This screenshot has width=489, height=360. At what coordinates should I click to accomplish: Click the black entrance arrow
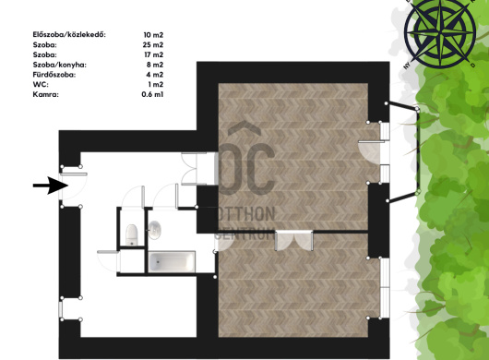pyautogui.click(x=51, y=186)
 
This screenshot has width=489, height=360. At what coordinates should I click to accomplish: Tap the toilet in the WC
pyautogui.click(x=132, y=234)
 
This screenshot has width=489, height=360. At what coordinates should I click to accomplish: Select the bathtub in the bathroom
pyautogui.click(x=172, y=262)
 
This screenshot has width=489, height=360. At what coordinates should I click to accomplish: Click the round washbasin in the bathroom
pyautogui.click(x=154, y=230)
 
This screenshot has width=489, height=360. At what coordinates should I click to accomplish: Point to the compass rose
pyautogui.click(x=440, y=32)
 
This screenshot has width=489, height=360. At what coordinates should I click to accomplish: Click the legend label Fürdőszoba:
pyautogui.click(x=54, y=75)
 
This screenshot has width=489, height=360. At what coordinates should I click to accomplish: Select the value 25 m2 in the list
pyautogui.click(x=153, y=45)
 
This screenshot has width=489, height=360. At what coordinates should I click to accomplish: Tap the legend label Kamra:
pyautogui.click(x=45, y=94)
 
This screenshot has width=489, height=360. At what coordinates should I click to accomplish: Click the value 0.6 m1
pyautogui.click(x=152, y=94)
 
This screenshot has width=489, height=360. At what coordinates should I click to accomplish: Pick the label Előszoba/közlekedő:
pyautogui.click(x=69, y=35)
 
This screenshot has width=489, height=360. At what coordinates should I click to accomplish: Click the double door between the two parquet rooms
pyautogui.click(x=293, y=240)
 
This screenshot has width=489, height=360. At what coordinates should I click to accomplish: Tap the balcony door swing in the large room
pyautogui.click(x=370, y=152)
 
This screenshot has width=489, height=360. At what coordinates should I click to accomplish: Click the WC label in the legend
pyautogui.click(x=41, y=85)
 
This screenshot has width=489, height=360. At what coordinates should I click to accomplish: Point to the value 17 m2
pyautogui.click(x=154, y=54)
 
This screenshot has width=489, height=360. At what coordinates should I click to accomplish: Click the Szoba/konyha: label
pyautogui.click(x=60, y=65)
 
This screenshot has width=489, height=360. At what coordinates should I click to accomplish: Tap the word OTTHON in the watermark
pyautogui.click(x=246, y=214)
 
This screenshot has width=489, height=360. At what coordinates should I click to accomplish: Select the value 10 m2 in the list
pyautogui.click(x=153, y=35)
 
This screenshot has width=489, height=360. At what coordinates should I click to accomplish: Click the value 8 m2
pyautogui.click(x=155, y=65)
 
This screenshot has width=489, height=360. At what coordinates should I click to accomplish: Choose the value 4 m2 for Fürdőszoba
pyautogui.click(x=155, y=75)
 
